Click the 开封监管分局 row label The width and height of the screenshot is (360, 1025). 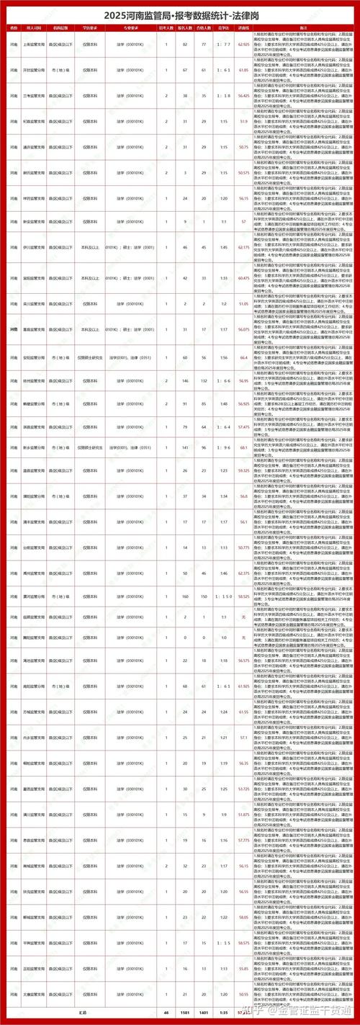click(x=34, y=70)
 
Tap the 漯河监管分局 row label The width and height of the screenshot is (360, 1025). click(x=34, y=596)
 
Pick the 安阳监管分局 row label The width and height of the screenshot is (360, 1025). click(x=34, y=357)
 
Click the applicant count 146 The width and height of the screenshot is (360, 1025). click(x=186, y=380)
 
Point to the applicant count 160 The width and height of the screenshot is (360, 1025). click(x=186, y=596)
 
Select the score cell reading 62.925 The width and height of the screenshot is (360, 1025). click(x=243, y=45)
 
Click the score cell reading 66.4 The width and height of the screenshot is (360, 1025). click(x=243, y=357)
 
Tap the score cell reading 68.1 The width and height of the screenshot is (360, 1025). click(x=243, y=447)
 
